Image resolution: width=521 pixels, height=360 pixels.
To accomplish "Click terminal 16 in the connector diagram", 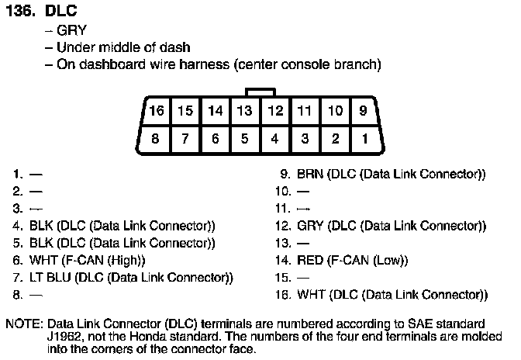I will pos(156,111).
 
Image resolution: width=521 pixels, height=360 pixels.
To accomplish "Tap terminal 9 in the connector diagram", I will pos(363,111).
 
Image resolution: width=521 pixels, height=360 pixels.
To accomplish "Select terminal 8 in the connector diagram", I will pos(156,140).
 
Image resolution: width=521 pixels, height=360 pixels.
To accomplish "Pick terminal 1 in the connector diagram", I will pos(363,140).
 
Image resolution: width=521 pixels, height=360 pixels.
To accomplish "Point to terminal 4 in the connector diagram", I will pos(274,140).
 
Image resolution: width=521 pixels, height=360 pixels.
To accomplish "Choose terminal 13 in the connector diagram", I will pos(244,111).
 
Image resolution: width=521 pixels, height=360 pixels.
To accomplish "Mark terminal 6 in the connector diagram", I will pos(215,140).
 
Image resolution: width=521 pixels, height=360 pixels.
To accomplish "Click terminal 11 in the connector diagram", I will pos(305,111).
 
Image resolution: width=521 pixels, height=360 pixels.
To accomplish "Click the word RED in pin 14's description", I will pos(310,260).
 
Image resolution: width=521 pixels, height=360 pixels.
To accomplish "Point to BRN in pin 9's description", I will pos(311,175).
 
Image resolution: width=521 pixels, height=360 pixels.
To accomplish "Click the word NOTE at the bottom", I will pos(23,322).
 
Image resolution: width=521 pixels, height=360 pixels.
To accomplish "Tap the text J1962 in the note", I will pos(64,335).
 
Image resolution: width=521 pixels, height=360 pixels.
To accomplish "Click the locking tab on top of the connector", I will pos(259,92).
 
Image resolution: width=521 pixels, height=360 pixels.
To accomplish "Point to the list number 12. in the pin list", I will pos(282,226).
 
